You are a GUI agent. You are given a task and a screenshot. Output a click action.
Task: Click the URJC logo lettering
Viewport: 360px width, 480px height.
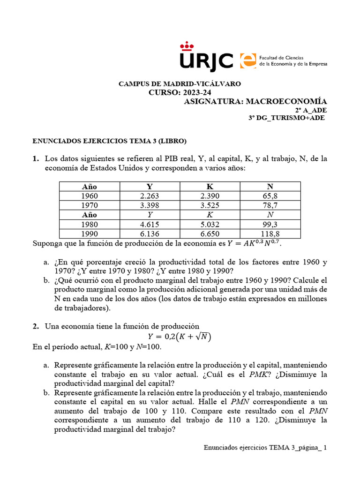click(206, 59)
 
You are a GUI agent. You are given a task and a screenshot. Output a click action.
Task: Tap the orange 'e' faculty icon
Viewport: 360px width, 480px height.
click(248, 60)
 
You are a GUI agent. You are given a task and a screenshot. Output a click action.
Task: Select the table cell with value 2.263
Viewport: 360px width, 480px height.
click(150, 196)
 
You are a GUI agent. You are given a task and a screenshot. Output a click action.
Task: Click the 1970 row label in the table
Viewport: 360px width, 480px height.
click(90, 205)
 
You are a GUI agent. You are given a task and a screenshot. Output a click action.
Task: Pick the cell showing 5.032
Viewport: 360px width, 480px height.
click(210, 225)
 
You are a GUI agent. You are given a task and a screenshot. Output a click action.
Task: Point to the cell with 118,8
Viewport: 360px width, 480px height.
click(270, 234)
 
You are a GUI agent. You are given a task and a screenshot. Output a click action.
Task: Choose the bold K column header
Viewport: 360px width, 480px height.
click(210, 187)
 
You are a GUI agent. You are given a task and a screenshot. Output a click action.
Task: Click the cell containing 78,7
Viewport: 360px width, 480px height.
click(270, 205)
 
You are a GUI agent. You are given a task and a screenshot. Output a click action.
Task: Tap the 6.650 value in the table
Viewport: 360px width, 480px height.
click(210, 234)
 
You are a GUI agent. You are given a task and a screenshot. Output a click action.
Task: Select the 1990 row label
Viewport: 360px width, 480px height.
click(90, 234)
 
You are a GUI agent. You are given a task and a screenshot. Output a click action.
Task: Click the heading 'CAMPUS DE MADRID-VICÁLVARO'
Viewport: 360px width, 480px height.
click(180, 84)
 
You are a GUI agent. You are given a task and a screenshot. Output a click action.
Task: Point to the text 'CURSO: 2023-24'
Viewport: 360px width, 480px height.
click(180, 92)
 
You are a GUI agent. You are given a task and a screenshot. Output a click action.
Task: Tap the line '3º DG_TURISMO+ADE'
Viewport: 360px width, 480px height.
click(286, 118)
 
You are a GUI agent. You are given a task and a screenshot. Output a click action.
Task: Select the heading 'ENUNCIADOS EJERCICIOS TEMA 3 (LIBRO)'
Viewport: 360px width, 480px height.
click(109, 141)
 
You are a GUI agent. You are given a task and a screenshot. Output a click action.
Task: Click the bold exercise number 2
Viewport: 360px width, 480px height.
click(35, 326)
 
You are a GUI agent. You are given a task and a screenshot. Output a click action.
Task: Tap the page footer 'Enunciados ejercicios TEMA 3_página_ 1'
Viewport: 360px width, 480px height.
click(265, 448)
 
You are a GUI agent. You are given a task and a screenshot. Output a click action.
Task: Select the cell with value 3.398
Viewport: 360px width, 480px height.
click(150, 205)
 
